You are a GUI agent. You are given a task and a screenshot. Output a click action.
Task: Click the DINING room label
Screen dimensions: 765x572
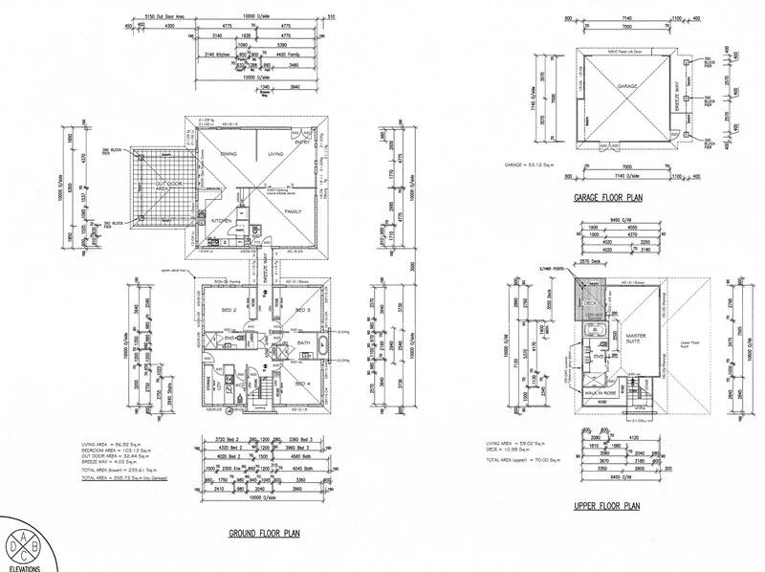tap(229, 153)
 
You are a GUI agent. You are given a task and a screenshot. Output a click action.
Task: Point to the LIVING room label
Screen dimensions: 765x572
tap(276, 153)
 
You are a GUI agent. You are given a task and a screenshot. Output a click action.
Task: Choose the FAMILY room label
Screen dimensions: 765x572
tap(293, 210)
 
